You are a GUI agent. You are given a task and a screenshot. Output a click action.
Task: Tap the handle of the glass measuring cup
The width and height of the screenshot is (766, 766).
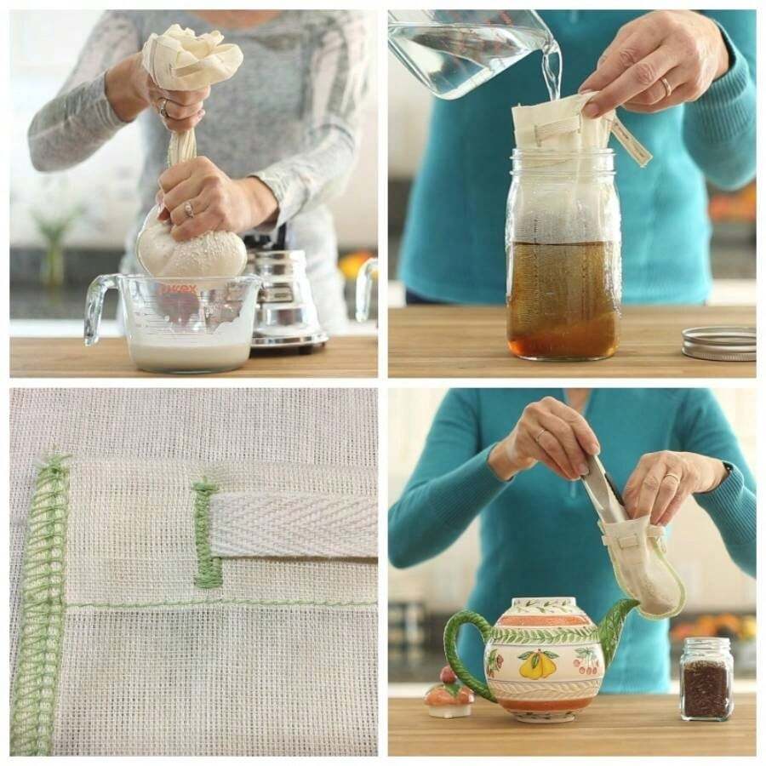pyautogui.click(x=100, y=306)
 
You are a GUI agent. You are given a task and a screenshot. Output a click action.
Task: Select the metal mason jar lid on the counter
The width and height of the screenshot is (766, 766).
pyautogui.click(x=718, y=342)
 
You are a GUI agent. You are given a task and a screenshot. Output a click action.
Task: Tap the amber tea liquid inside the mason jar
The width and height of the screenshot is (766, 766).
pyautogui.click(x=562, y=298)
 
